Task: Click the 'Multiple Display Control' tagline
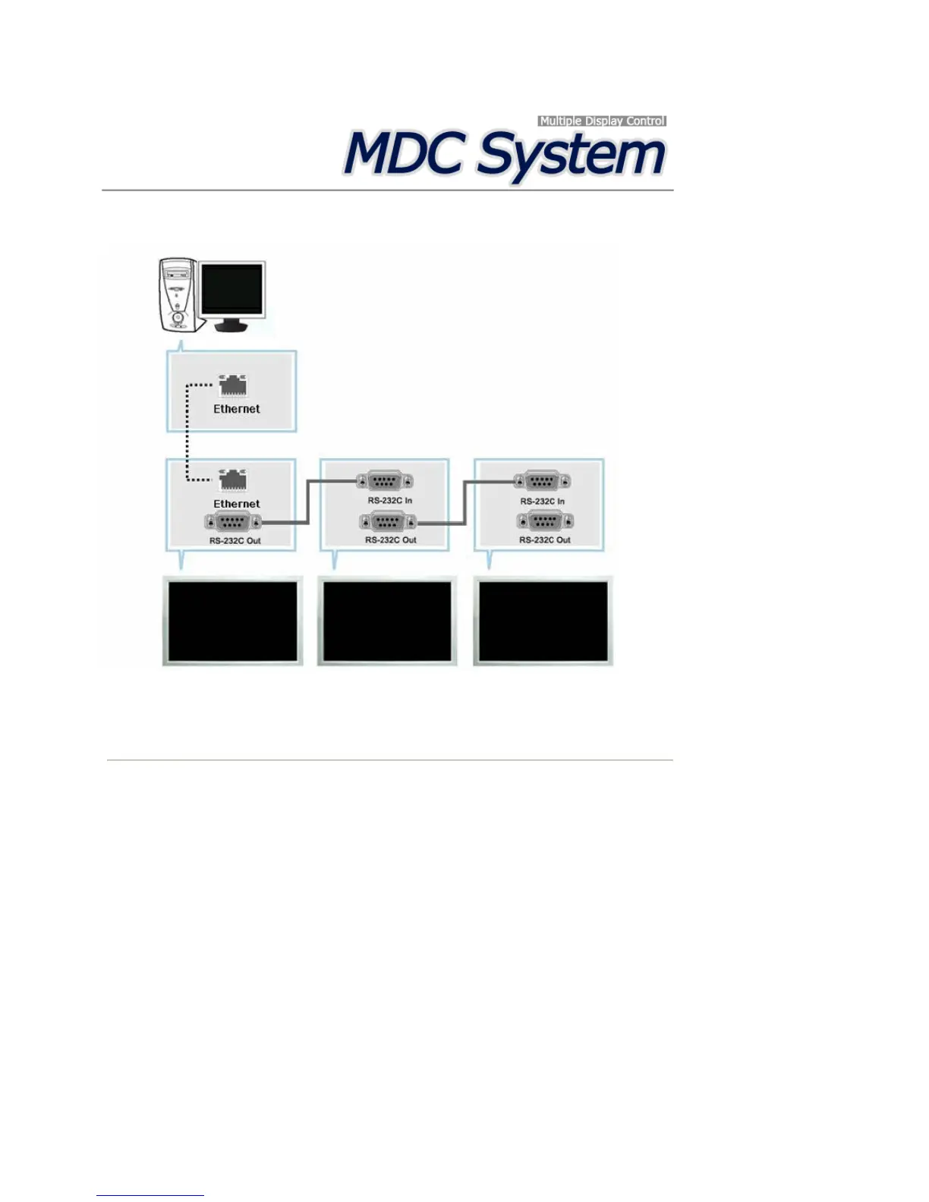click(x=602, y=121)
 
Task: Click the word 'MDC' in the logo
click(x=403, y=154)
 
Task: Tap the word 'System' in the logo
click(x=572, y=156)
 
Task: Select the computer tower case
click(x=178, y=294)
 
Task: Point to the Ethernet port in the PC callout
click(x=233, y=385)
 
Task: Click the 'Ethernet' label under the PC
click(x=236, y=409)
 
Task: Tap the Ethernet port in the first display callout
click(x=233, y=480)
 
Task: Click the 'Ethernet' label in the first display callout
click(x=236, y=504)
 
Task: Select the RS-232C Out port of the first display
click(x=233, y=522)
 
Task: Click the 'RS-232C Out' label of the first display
click(x=235, y=541)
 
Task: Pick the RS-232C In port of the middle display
click(x=385, y=481)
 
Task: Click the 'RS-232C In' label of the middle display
click(x=390, y=501)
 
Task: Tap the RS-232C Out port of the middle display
click(x=388, y=522)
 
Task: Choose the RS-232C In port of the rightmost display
click(x=542, y=481)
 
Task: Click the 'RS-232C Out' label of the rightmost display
click(x=544, y=540)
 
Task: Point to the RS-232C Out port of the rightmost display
click(x=544, y=521)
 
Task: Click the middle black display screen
click(x=387, y=621)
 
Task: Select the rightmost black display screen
click(x=543, y=621)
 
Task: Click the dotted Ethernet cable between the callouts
click(x=187, y=433)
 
